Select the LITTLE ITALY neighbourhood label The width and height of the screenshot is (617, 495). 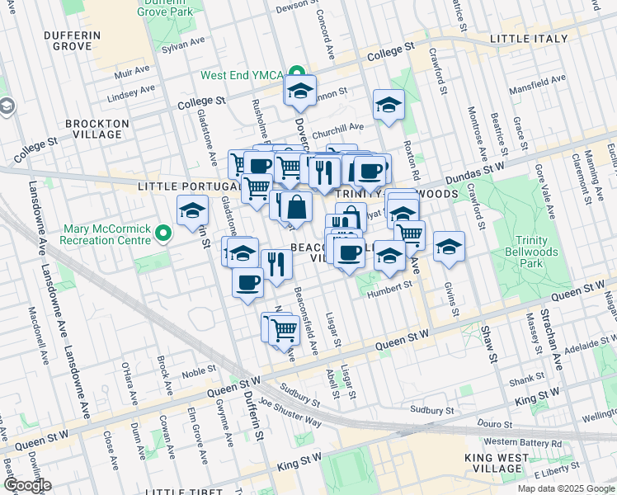point(528,39)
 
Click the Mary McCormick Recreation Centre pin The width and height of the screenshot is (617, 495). point(163,235)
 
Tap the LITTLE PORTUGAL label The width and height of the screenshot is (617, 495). point(177,187)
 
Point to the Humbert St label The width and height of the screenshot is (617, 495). point(389,285)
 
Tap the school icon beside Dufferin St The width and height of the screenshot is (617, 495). point(193,211)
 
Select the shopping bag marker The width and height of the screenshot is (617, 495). point(298,207)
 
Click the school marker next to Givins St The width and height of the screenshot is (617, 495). point(449,247)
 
